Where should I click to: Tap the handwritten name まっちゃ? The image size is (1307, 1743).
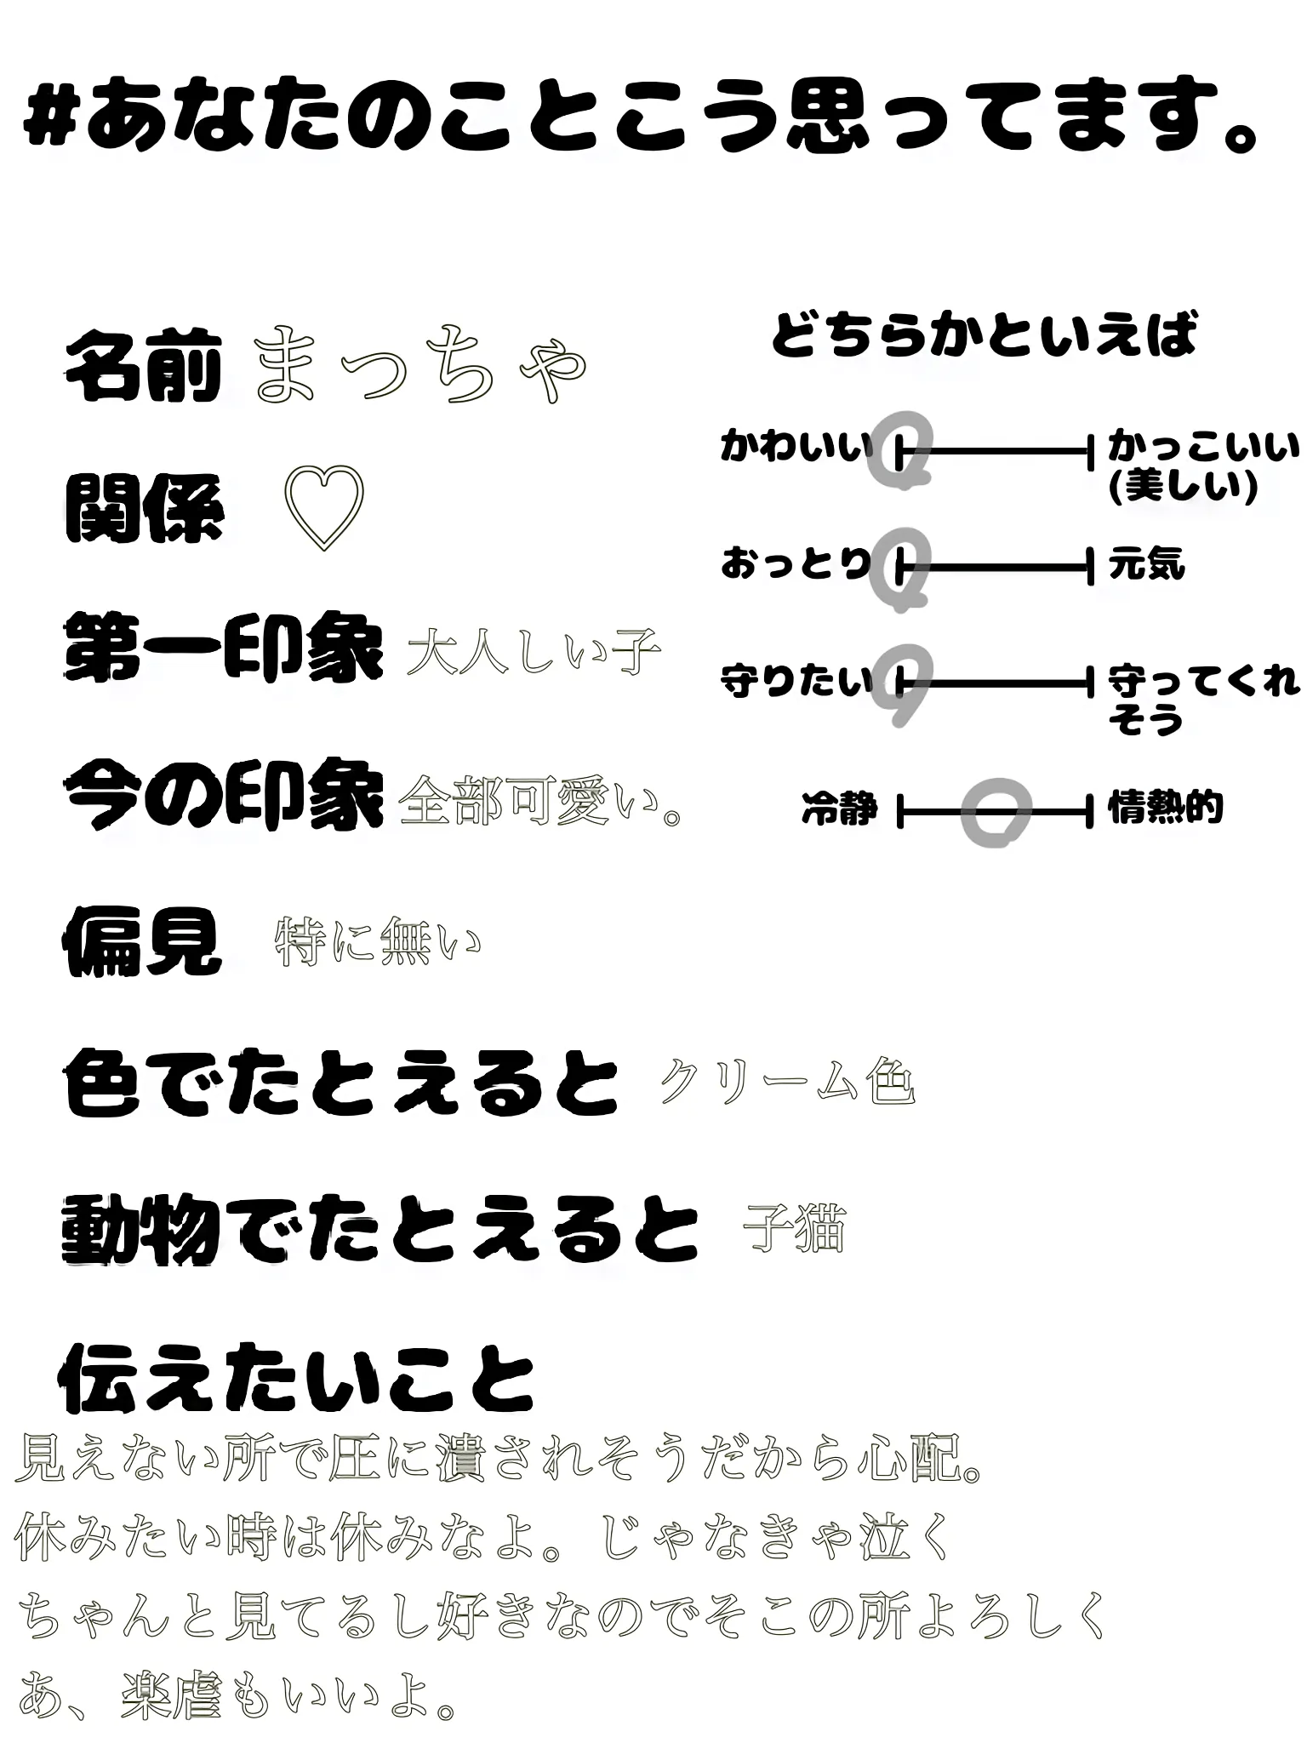[420, 366]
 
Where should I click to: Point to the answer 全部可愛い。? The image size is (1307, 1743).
[542, 801]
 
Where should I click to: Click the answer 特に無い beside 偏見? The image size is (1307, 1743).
[378, 943]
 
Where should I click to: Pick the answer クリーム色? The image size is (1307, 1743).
[787, 1083]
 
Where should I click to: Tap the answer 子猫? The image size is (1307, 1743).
[794, 1228]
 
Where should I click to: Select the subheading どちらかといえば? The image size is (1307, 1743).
[985, 334]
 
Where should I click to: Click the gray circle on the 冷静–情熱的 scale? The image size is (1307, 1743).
[996, 812]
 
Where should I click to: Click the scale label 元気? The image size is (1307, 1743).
[1146, 565]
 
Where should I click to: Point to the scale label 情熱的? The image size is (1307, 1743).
[1165, 808]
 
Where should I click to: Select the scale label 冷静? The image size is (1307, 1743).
[839, 809]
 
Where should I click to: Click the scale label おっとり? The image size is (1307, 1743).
[796, 564]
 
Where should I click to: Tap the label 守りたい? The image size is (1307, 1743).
[796, 682]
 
